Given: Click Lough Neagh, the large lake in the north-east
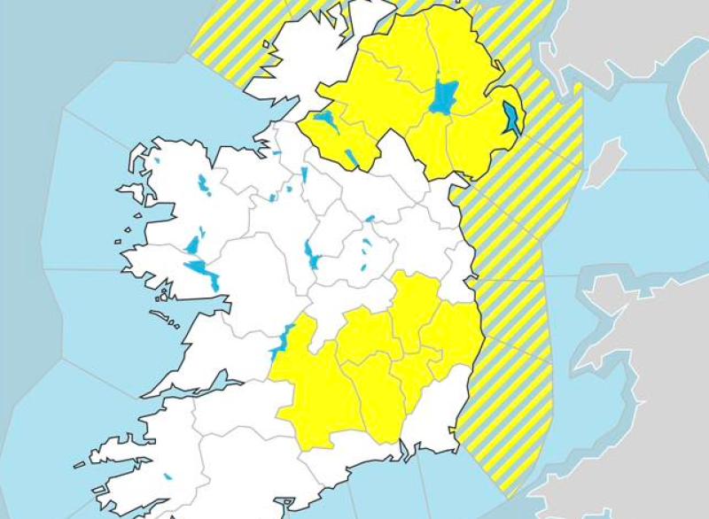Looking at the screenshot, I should (x=441, y=97).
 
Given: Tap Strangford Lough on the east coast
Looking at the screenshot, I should (x=511, y=118).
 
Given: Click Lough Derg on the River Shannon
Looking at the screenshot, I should (x=283, y=340).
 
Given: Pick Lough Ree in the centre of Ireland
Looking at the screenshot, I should (x=312, y=255).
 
